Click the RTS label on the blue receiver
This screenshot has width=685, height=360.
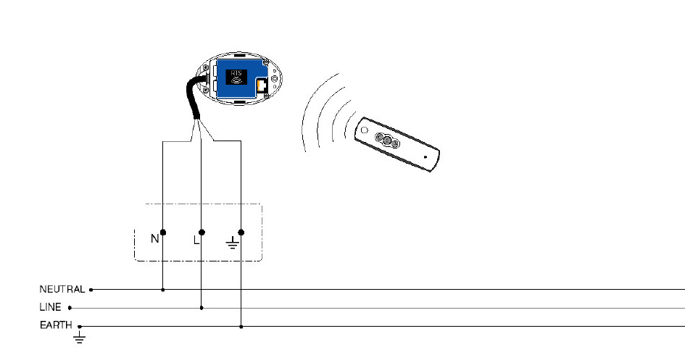236,73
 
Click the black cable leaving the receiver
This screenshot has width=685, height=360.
193,97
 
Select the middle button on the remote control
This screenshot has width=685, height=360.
387,140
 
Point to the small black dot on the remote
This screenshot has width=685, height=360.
425,157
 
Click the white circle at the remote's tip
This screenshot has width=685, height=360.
365,130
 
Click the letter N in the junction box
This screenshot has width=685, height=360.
154,239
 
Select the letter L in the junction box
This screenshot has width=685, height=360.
196,240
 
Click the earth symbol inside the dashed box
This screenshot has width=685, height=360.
233,243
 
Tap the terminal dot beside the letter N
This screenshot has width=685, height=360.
163,233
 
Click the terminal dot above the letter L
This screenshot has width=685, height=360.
202,232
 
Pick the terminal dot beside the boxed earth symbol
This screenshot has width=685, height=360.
241,232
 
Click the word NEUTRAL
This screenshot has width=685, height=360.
62,289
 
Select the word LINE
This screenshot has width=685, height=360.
50,307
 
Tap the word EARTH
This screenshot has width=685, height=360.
56,325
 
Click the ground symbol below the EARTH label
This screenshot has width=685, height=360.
79,337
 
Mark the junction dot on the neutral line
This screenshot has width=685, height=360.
163,290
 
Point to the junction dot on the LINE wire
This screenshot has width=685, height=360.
202,308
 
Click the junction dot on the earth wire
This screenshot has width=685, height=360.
241,327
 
